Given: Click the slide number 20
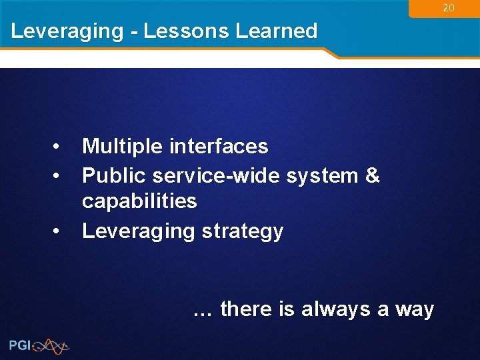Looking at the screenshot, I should pos(449,8).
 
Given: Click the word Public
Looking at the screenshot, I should pos(114,175).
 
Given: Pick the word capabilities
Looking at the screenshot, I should pos(139,201).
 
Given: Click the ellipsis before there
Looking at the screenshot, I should pos(203,310).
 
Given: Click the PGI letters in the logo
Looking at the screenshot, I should pos(21,345).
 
